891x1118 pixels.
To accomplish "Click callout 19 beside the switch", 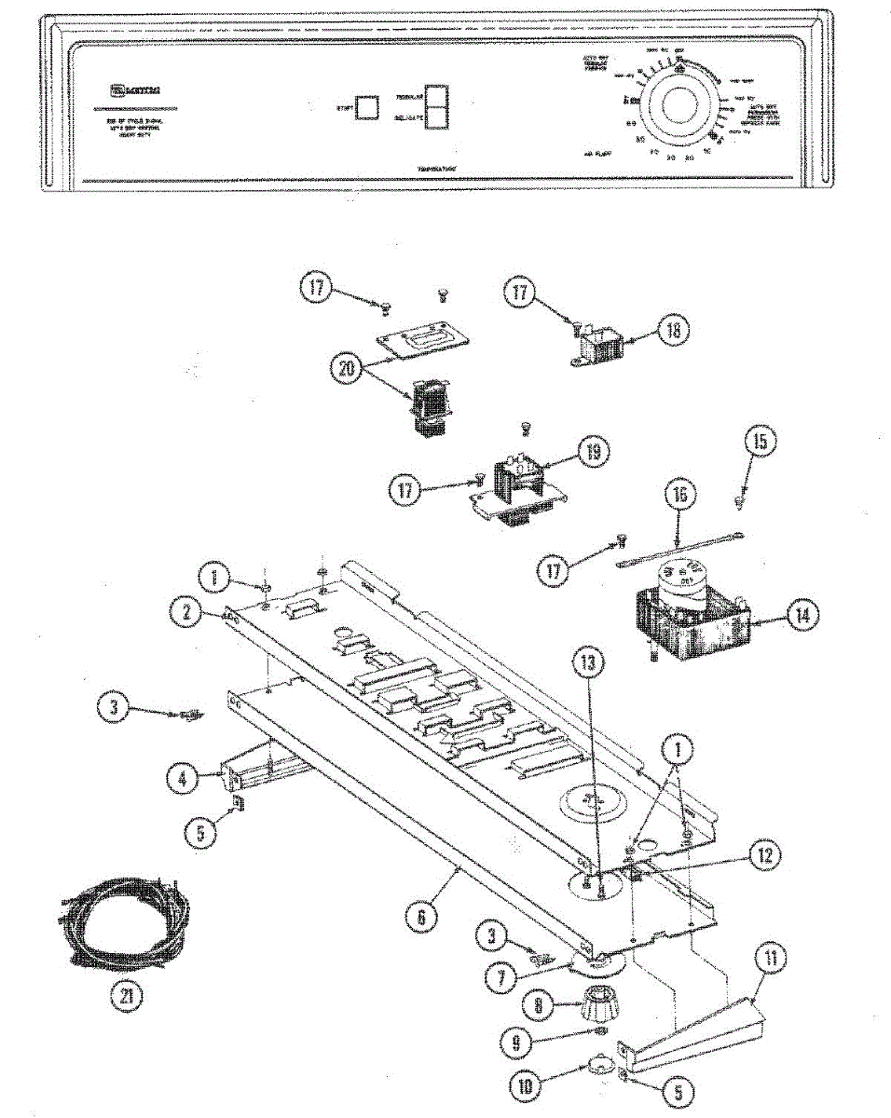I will pos(593,453).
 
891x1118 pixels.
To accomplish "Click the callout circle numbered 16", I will pos(679,496).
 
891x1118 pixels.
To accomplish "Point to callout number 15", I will pos(760,442).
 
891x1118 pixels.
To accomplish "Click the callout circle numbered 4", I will pos(184,778).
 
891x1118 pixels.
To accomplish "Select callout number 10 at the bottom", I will pos(526,1084).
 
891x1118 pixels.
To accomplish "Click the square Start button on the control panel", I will pos(367,107).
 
